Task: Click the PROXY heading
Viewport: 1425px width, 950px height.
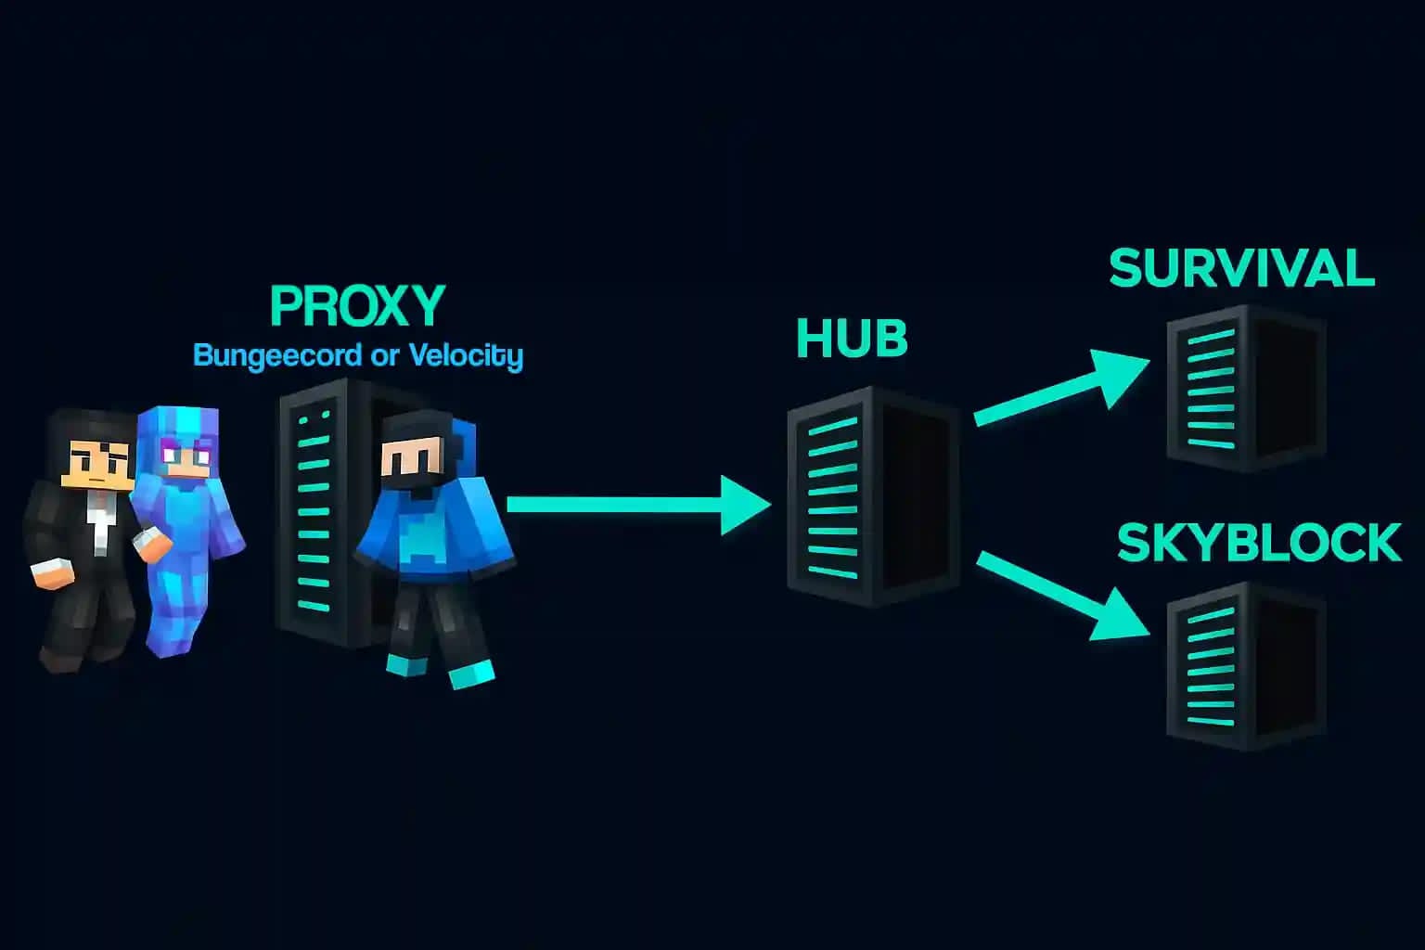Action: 357,306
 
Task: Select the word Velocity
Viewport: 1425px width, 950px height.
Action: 466,355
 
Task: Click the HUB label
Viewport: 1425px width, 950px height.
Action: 852,340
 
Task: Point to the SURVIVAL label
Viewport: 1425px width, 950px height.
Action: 1241,269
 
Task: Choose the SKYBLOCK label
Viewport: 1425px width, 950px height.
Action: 1258,544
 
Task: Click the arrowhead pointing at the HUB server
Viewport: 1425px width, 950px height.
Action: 744,505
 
